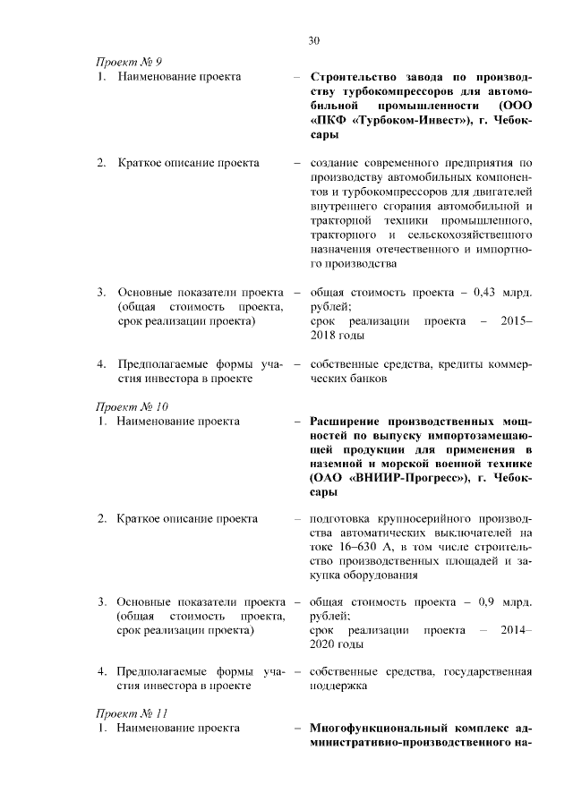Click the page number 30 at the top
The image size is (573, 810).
click(313, 40)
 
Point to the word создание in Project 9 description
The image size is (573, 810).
click(335, 163)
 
